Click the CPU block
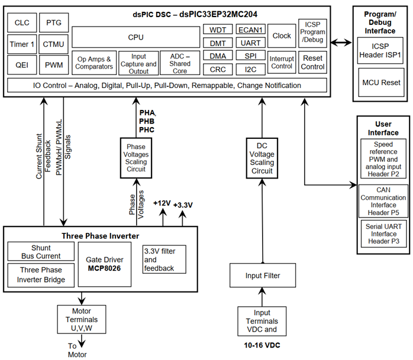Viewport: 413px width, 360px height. [135, 37]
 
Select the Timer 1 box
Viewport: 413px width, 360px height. [22, 44]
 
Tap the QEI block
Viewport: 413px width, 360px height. [22, 64]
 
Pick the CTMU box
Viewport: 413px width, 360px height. [54, 44]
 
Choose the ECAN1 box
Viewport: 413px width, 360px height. [250, 30]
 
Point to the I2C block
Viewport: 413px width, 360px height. [250, 69]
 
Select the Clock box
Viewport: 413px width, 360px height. [282, 35]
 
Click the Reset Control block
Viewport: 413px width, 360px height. [312, 63]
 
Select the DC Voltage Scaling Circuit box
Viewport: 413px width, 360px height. [262, 158]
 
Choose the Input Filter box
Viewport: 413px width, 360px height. [262, 275]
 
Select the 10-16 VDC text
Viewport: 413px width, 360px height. [262, 343]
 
